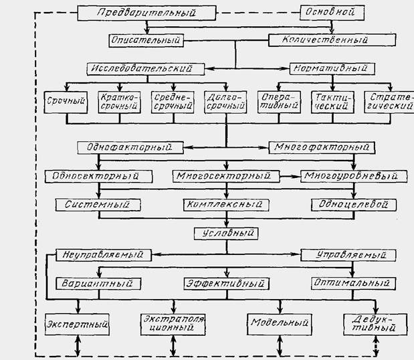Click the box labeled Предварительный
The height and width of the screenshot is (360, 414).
coord(146,13)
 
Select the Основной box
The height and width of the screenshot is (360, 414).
coord(333,12)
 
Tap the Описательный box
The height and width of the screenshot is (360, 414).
coord(146,40)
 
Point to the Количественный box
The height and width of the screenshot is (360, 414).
coord(320,40)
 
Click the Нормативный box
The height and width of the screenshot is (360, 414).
coord(332,68)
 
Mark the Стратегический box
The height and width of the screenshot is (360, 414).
coord(387,102)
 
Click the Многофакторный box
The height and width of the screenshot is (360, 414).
coord(320,147)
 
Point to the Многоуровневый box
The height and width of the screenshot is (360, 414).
coord(354,176)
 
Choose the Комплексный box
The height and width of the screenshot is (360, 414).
coord(226,203)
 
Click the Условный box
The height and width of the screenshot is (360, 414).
coord(226,234)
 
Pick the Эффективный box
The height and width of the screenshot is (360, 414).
coord(226,283)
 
